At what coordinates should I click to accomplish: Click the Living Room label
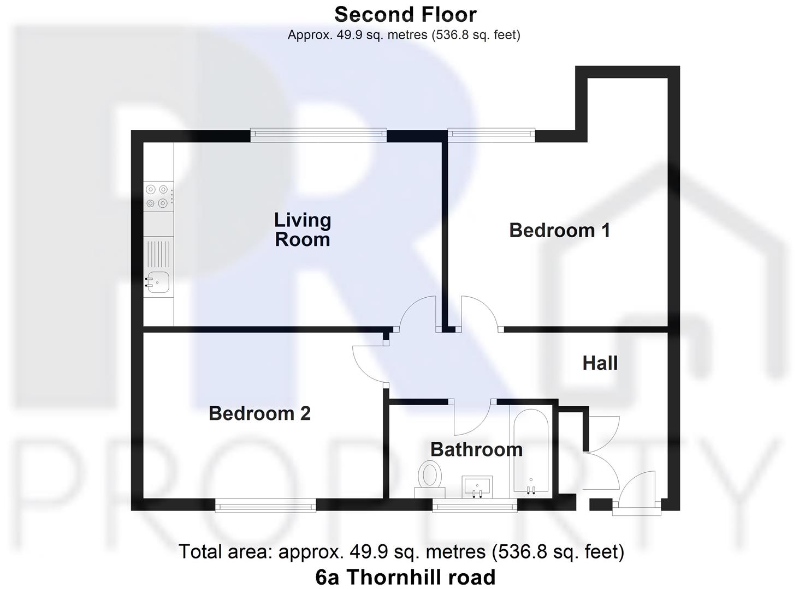[302, 230]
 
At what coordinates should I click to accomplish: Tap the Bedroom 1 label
[559, 230]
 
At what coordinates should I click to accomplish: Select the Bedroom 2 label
[259, 413]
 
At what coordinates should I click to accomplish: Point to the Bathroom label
[476, 449]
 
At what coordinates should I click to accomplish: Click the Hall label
[600, 363]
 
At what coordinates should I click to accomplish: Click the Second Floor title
[405, 14]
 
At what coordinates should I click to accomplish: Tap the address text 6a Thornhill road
[405, 577]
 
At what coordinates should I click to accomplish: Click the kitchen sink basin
[157, 282]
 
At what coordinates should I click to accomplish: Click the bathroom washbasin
[477, 486]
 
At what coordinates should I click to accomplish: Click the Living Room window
[318, 135]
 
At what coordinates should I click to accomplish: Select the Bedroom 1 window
[491, 134]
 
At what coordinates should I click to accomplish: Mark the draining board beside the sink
[157, 254]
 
